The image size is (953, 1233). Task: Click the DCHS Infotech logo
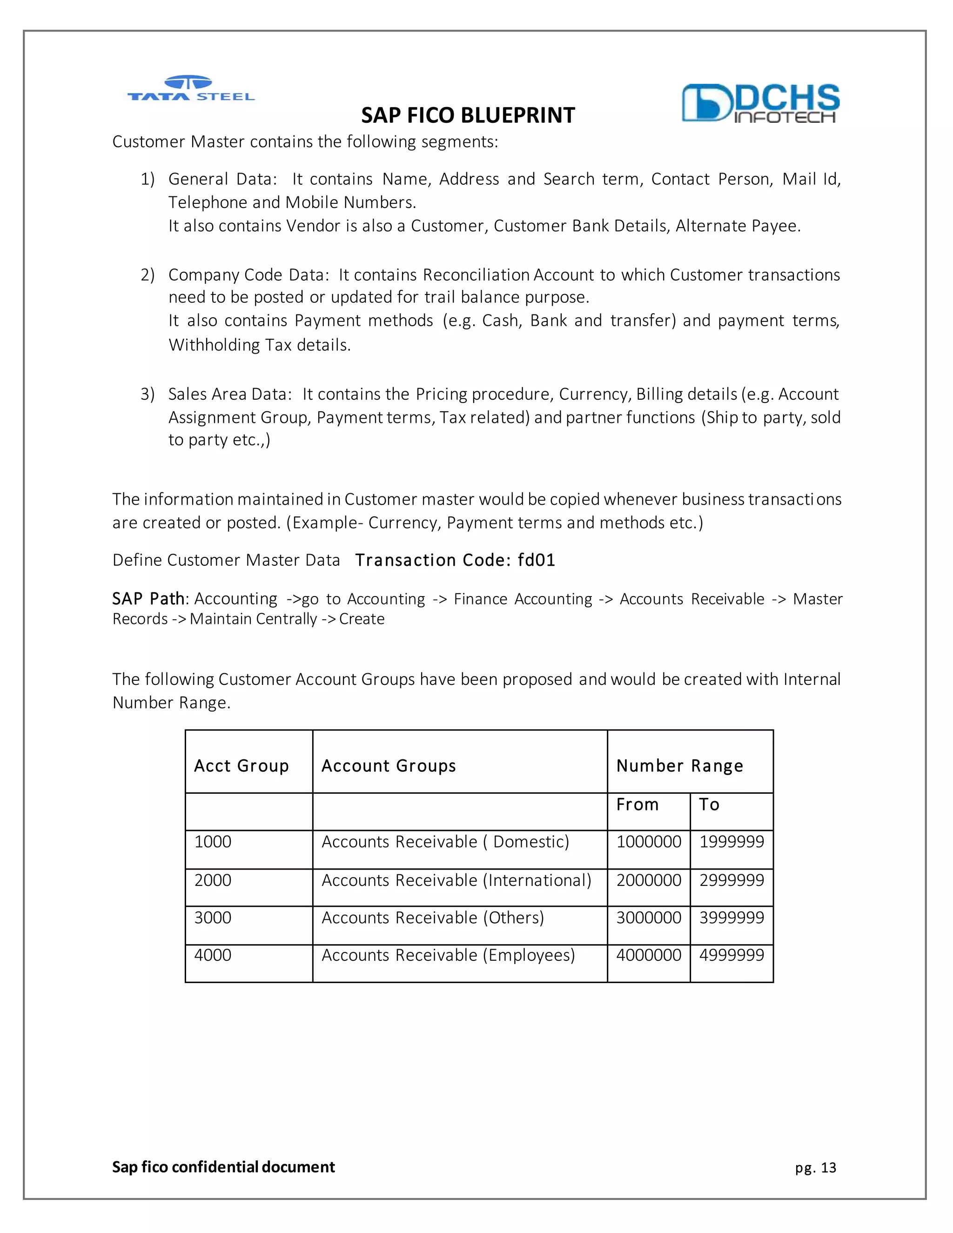pos(760,103)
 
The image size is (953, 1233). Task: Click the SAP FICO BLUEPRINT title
pos(468,116)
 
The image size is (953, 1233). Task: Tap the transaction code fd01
pos(537,560)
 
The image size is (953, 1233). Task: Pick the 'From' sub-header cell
pos(638,804)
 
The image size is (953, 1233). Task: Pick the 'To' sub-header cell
pos(709,804)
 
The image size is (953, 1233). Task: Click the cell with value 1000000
pos(649,842)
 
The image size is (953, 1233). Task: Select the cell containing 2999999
pos(732,880)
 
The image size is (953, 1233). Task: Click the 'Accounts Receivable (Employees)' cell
pos(448,955)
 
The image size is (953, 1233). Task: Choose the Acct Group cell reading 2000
pos(213,880)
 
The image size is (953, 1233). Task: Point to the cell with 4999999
pos(732,955)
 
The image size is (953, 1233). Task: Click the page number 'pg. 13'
pos(815,1167)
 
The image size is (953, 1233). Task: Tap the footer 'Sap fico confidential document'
pos(223,1167)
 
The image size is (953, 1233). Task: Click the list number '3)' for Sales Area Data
pos(148,394)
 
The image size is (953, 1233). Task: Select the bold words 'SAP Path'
pos(148,598)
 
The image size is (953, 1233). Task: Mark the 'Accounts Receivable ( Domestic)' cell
pos(445,842)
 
